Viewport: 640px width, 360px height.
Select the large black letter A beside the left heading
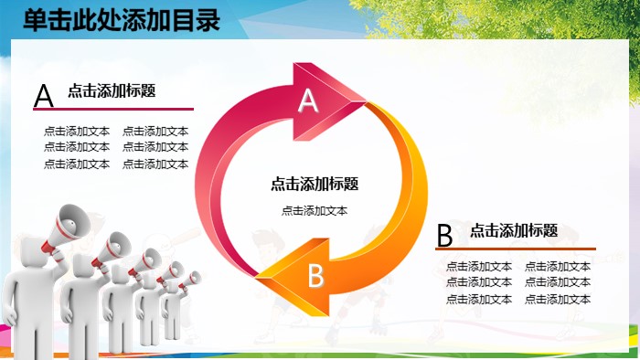tap(43, 96)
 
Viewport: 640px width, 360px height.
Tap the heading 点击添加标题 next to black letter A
tap(112, 90)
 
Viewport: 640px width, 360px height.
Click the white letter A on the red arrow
tap(309, 101)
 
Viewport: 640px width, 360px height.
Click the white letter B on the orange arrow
tap(315, 274)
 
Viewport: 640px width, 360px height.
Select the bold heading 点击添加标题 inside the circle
tap(315, 184)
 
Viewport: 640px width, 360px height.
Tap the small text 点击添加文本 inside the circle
tap(315, 210)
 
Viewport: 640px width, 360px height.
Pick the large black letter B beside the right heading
tap(445, 236)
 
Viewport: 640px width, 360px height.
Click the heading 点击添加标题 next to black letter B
tap(514, 231)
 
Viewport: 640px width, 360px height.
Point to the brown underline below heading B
tap(516, 249)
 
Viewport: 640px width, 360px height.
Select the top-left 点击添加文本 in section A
tap(77, 131)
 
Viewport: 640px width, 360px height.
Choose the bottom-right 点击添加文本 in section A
tap(155, 164)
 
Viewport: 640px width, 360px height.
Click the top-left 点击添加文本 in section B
tap(479, 266)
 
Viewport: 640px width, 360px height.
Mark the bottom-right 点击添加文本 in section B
tap(558, 299)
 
